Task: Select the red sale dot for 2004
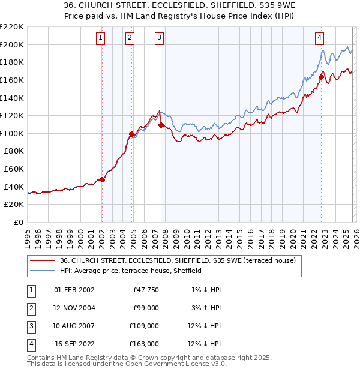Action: click(x=131, y=134)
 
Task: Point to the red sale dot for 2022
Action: click(x=321, y=77)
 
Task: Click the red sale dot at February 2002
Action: click(x=102, y=179)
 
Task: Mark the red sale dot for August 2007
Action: click(x=161, y=125)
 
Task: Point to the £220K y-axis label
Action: click(x=12, y=27)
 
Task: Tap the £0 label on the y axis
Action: click(x=19, y=222)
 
